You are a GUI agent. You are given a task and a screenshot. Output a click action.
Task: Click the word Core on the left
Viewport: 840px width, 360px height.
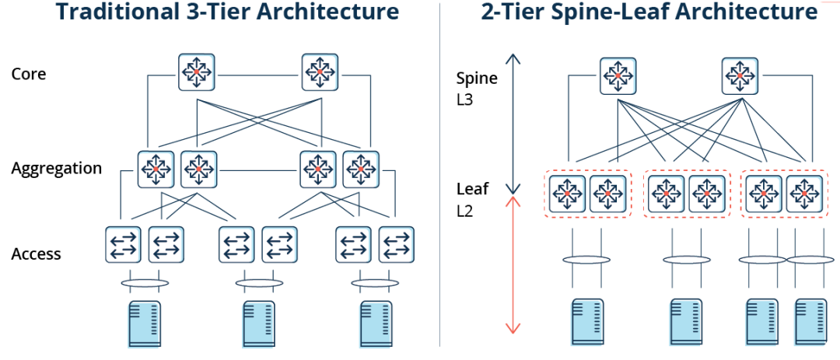[29, 75]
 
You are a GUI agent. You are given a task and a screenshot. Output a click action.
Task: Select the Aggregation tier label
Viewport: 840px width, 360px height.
[57, 169]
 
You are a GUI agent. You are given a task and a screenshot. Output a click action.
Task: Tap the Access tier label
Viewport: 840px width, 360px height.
[37, 253]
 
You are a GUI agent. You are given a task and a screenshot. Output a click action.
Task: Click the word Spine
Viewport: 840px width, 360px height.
[477, 78]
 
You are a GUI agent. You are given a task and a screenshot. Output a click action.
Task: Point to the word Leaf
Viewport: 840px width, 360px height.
[471, 189]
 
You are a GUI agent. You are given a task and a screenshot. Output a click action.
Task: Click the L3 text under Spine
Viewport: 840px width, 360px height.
[465, 100]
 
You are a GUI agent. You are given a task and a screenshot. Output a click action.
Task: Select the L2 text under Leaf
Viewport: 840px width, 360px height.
[465, 211]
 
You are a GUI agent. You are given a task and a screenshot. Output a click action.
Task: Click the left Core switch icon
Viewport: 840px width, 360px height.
[197, 72]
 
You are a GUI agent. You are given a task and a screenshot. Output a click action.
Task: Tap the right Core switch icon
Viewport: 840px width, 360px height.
[319, 72]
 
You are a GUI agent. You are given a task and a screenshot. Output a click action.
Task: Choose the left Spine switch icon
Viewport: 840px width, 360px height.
[618, 75]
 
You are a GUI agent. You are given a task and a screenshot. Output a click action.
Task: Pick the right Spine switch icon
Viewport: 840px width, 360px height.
[740, 75]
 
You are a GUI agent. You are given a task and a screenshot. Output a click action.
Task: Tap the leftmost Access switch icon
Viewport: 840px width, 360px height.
[124, 244]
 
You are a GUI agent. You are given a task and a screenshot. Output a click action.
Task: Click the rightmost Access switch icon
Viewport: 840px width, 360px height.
[396, 244]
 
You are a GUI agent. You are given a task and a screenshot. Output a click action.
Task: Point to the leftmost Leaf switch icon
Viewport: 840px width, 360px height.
[566, 193]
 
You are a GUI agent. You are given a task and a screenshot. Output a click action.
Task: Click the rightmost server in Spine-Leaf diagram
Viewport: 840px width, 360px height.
[809, 320]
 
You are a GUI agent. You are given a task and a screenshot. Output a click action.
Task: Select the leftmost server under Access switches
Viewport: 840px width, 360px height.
[145, 323]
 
